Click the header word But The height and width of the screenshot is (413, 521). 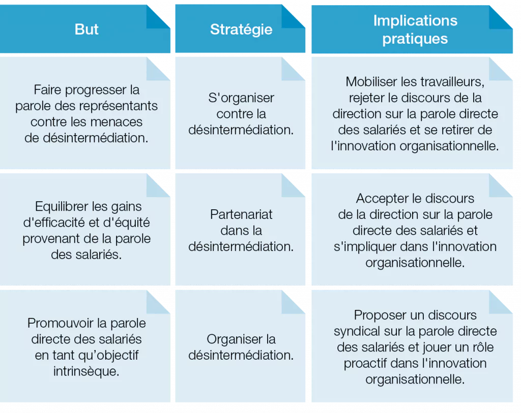[86, 29]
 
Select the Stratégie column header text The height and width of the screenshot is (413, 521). [241, 29]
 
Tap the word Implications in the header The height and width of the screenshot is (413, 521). [415, 20]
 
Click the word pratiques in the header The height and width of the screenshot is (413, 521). [415, 39]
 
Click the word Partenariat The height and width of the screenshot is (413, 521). [241, 214]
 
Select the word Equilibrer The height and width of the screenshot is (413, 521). [62, 207]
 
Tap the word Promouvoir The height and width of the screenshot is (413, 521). [59, 323]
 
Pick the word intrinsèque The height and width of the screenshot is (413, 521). [86, 371]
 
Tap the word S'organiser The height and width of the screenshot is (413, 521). [241, 98]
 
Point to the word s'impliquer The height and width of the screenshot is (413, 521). [365, 247]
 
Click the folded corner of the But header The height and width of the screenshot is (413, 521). [158, 17]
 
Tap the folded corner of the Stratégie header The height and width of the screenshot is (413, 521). [293, 17]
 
